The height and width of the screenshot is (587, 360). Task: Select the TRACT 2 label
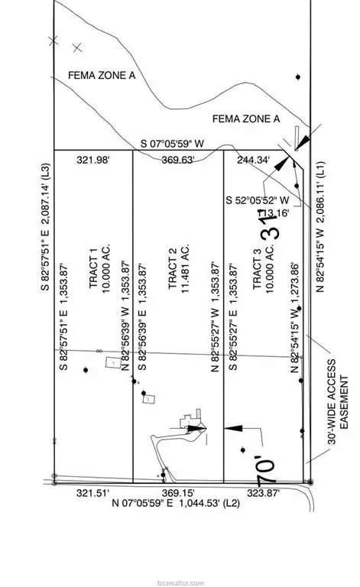coord(174,259)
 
